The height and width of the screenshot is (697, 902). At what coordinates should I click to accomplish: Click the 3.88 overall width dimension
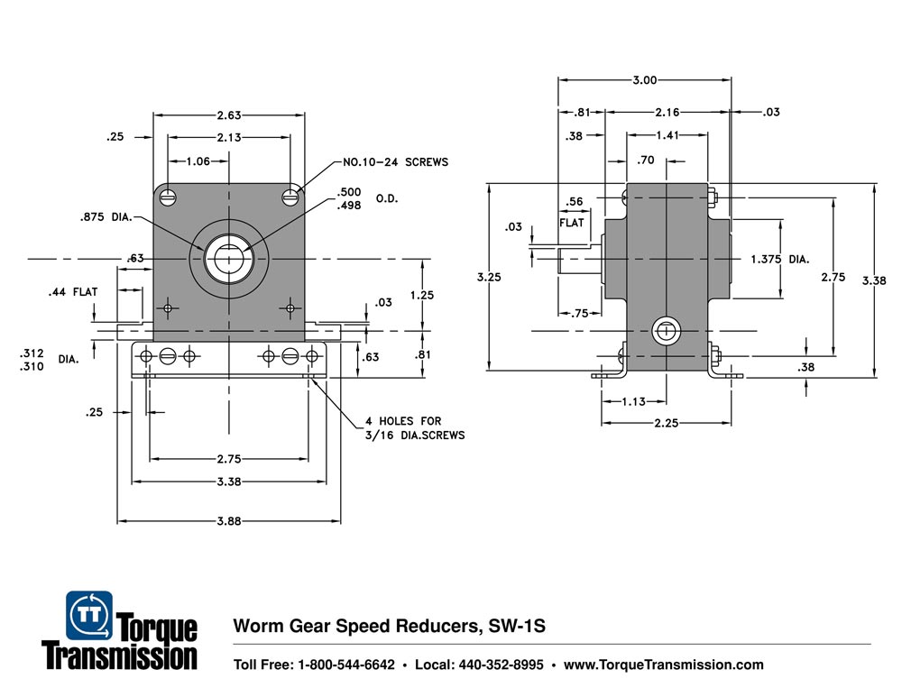(229, 521)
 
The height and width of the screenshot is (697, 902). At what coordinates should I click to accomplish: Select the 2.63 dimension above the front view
(229, 115)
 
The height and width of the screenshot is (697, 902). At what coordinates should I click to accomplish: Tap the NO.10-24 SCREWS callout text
(395, 163)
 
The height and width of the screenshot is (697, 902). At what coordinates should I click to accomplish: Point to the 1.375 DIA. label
(780, 259)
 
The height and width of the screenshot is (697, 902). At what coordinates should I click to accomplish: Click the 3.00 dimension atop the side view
(644, 80)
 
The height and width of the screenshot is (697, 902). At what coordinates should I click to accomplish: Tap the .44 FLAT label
(73, 293)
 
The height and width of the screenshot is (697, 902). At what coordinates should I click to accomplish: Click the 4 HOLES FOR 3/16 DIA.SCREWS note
(415, 428)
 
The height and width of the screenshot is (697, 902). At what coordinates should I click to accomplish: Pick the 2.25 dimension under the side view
(666, 423)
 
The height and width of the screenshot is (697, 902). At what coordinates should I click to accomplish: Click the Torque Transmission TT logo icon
(89, 614)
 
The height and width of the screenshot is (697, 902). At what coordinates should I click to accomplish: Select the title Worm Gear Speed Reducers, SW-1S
(391, 626)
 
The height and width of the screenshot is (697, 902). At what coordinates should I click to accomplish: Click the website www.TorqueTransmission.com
(663, 665)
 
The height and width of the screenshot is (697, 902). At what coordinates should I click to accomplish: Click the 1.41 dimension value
(667, 136)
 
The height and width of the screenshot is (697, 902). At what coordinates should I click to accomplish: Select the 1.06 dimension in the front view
(198, 162)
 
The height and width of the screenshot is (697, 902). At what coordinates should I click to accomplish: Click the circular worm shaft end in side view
(666, 331)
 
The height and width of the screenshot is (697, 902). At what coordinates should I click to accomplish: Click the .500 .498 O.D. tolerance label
(361, 198)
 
